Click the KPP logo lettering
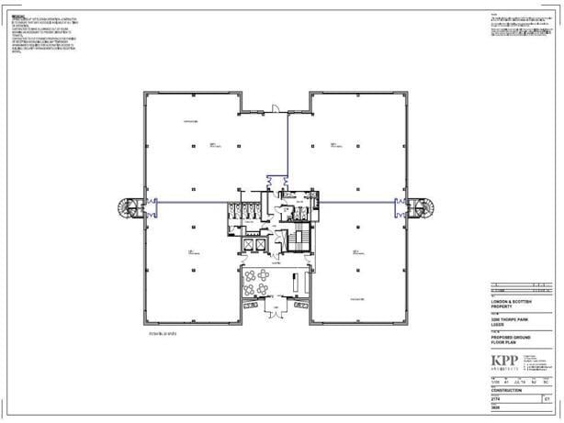tap(503, 359)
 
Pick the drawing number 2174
tap(498, 400)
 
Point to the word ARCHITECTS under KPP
tap(503, 368)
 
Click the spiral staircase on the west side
tap(132, 207)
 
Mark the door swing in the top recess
tap(273, 110)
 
